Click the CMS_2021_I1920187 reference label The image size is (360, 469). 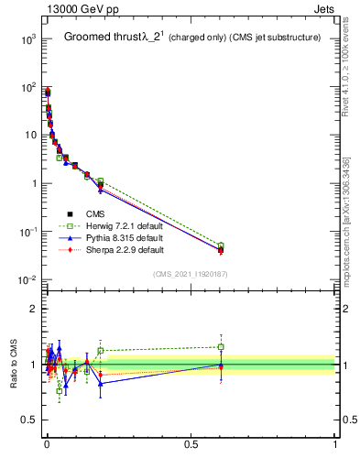(x=189, y=273)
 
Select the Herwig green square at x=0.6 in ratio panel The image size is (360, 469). (x=221, y=347)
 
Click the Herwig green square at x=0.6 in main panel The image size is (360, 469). (x=221, y=245)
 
